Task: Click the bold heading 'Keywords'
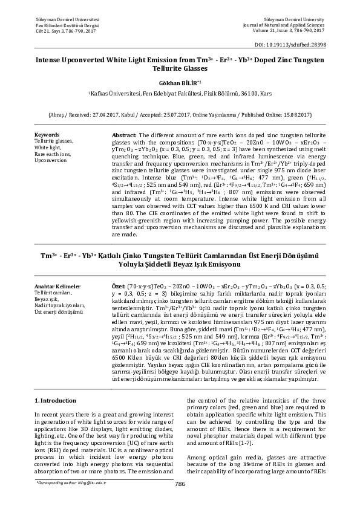click(47, 134)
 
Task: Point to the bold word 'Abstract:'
click(125, 134)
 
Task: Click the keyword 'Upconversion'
click(51, 161)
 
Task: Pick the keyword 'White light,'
click(48, 148)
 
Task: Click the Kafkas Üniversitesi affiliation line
click(180, 94)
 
